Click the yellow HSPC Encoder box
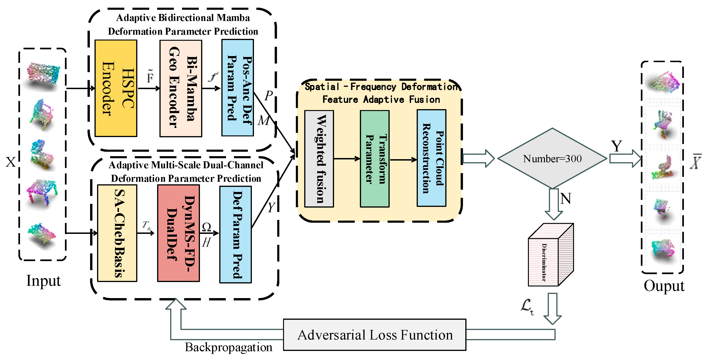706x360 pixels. tap(116, 88)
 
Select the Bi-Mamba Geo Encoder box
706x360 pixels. tap(181, 88)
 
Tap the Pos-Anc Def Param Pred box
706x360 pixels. tap(238, 88)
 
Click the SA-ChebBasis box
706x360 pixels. tap(117, 233)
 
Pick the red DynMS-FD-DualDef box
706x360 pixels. tap(178, 233)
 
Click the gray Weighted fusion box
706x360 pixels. tap(319, 159)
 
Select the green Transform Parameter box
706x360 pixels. tap(375, 159)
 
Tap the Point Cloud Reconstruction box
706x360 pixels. tap(432, 158)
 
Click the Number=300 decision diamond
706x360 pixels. tap(552, 158)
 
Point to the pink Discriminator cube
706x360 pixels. tap(551, 255)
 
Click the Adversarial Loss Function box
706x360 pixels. tap(375, 335)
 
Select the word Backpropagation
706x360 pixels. tap(229, 347)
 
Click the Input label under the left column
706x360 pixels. tap(43, 281)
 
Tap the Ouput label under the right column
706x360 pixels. tap(664, 286)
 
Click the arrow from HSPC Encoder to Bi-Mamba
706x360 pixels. tap(149, 88)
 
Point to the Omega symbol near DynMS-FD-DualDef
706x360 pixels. tap(206, 227)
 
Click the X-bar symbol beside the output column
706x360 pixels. tap(696, 162)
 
